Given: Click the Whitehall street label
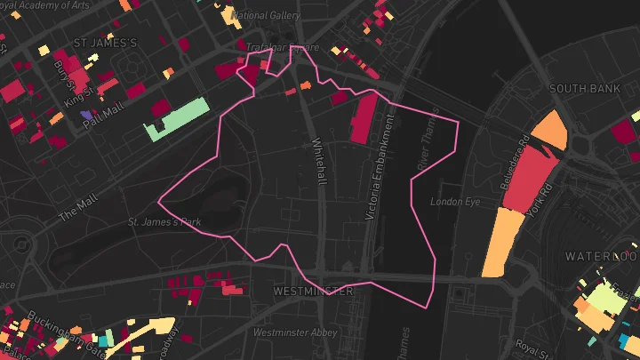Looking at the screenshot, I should pos(320,162).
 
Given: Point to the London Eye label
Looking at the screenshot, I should pos(454,202).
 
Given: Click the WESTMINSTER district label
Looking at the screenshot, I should pos(313,291).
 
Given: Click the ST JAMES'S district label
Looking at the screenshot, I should pos(105,42).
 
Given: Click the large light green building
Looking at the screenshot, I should pos(178,119).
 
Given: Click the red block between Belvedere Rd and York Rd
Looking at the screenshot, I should pos(531,179).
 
